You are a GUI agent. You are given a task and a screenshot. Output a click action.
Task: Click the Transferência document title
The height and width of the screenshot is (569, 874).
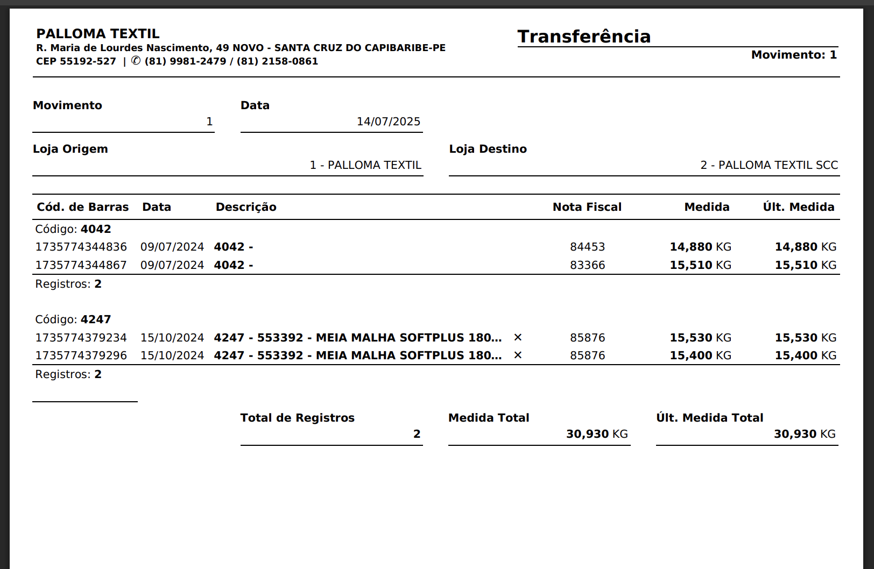click(584, 37)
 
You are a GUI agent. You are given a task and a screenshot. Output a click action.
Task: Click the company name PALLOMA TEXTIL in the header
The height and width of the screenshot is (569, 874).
click(98, 34)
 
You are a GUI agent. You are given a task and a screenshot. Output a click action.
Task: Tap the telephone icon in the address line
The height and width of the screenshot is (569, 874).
click(136, 61)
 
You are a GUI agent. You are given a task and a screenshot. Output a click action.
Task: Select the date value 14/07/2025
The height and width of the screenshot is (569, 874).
click(388, 122)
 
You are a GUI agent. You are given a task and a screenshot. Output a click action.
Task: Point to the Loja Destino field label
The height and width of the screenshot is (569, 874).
click(488, 149)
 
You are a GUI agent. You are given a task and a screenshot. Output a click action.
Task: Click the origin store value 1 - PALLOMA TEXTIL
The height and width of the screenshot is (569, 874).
click(365, 165)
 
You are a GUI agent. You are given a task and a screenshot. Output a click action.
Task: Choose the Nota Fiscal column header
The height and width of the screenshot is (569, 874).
click(587, 207)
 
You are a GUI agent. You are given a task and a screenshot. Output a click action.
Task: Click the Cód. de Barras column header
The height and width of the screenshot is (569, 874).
click(82, 207)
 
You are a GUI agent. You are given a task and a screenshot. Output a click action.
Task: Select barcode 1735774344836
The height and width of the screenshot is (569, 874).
click(81, 247)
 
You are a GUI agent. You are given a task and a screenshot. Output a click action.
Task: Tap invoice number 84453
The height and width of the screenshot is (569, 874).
click(587, 247)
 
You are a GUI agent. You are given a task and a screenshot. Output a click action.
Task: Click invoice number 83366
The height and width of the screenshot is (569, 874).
click(587, 265)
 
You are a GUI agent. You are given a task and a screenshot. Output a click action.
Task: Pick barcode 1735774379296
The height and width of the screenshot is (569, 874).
click(81, 355)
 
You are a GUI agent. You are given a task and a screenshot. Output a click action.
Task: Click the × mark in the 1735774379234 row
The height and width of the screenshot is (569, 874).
click(518, 337)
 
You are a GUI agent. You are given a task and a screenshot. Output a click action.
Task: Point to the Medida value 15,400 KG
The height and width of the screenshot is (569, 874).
click(700, 355)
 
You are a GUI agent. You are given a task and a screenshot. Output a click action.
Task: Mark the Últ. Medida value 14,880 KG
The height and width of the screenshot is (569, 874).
click(805, 247)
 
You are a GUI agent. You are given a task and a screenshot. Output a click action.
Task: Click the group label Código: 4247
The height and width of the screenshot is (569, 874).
click(73, 319)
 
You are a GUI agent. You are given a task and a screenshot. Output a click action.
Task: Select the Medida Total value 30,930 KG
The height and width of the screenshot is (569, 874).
click(596, 434)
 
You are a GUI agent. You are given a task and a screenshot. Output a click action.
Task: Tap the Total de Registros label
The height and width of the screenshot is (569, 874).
click(297, 418)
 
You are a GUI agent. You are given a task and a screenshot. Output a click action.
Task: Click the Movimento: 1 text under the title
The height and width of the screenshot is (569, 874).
click(794, 55)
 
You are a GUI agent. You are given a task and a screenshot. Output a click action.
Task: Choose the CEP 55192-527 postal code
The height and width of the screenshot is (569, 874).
click(76, 61)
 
